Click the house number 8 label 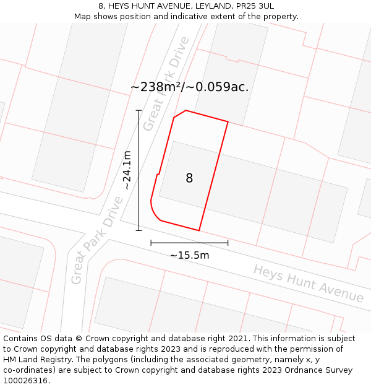coord(189,178)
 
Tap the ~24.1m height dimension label coord(126,170)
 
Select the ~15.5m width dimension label coord(189,255)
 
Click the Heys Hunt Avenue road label coord(309,284)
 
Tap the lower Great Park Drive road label coord(97,240)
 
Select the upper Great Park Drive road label coord(165,84)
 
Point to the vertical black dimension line coord(139,170)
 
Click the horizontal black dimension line coord(189,243)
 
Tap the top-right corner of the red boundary coord(228,122)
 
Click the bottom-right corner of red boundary coord(199,230)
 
